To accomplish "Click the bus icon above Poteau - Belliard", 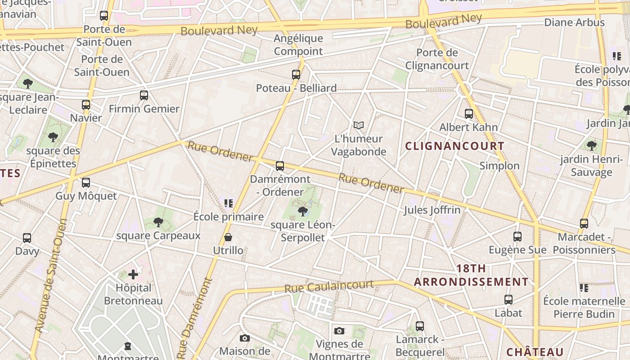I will (x=296, y=75).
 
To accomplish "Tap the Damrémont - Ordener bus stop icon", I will (x=280, y=166).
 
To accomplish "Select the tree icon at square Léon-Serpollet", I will (x=303, y=211).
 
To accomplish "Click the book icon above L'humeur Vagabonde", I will (x=359, y=125).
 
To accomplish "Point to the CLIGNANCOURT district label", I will (x=454, y=146).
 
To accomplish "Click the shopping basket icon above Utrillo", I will (x=228, y=237).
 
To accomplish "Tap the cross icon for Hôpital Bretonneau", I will (x=133, y=274).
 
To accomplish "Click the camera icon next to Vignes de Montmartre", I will (x=339, y=331).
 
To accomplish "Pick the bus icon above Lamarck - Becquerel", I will (x=420, y=326).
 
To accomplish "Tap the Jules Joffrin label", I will (x=432, y=210).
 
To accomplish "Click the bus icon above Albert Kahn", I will (x=469, y=114).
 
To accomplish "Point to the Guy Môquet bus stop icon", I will (x=86, y=183).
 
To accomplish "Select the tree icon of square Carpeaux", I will (x=158, y=222).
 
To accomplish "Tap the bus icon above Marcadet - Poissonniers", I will (x=584, y=223).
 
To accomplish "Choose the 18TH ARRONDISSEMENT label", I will (x=471, y=275).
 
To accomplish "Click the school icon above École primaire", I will (x=229, y=203).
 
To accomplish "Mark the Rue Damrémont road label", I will (x=194, y=317).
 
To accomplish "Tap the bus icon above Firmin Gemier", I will (x=144, y=95).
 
